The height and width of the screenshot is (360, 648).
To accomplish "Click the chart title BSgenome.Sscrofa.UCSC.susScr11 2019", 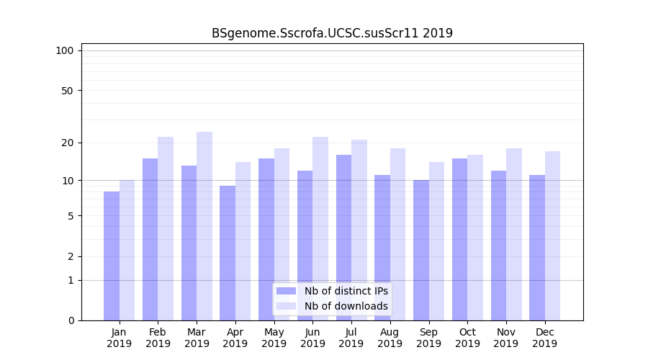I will click(332, 33).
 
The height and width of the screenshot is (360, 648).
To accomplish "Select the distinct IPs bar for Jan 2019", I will click(112, 256).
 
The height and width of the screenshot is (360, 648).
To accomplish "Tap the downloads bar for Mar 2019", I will click(204, 226).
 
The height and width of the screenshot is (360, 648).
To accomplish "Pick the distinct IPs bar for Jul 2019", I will click(343, 238).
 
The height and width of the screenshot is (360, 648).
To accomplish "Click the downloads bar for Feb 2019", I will click(166, 228).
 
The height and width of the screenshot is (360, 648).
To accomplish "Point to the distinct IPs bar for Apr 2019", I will click(228, 253).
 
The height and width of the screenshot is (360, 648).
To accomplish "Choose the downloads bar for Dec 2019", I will click(552, 235).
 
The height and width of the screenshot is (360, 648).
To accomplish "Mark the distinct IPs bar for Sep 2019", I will click(421, 250).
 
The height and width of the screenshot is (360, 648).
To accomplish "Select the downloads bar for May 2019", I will click(282, 234).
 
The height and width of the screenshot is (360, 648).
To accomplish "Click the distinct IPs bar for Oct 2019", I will click(459, 239).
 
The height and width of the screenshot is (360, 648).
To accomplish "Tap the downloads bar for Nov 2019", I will click(513, 234).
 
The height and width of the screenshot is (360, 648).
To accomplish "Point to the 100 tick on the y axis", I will click(65, 50).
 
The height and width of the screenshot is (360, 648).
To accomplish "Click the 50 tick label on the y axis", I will click(68, 91).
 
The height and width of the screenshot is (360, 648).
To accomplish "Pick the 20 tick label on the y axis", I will click(68, 143).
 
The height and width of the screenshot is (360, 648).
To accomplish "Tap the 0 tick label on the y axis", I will click(71, 320).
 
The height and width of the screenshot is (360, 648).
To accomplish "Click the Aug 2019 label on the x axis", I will click(390, 338).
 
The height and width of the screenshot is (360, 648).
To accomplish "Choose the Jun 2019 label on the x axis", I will click(312, 338).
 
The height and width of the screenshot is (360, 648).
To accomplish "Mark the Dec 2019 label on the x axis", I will click(544, 338).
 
